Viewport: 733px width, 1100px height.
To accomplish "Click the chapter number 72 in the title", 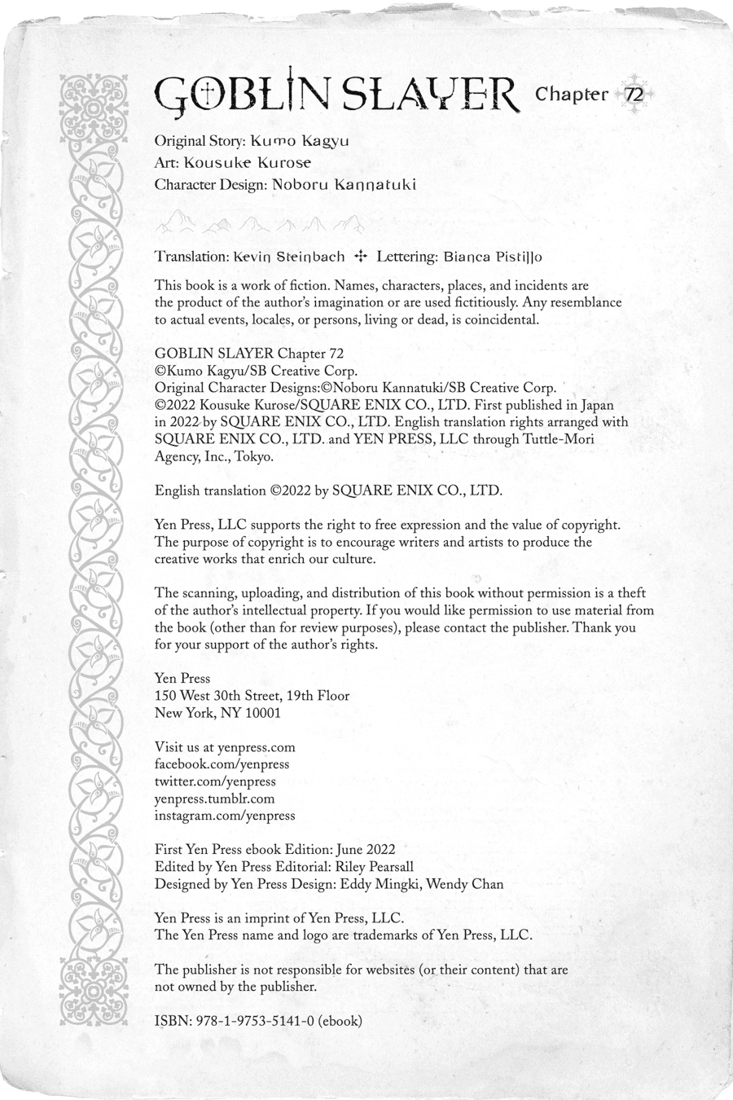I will (x=634, y=95).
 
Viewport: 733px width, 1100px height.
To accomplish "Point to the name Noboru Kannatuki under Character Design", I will (x=344, y=184).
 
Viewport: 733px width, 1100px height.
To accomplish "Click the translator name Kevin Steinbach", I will (x=288, y=257).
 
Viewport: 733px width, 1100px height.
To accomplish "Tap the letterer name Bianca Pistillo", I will (x=493, y=257).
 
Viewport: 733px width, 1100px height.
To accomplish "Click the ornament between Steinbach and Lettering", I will (x=361, y=256).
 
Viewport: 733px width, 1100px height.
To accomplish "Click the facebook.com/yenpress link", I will (x=222, y=764).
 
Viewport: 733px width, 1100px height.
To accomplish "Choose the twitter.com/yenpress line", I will (x=215, y=781).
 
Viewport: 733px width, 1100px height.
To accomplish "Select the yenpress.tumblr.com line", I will (x=214, y=799).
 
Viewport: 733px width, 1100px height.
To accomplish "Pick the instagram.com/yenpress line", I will (x=225, y=816).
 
